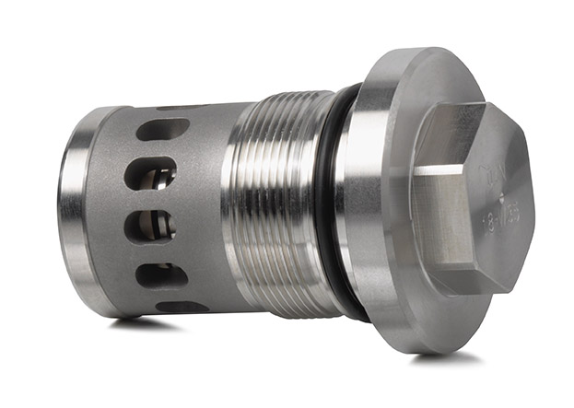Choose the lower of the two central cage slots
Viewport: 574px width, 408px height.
[x=151, y=225]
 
